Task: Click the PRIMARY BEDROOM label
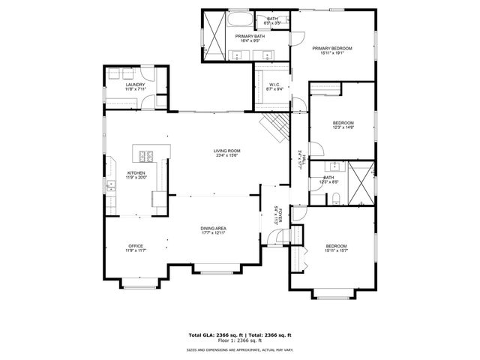tap(331, 48)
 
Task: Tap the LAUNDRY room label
tap(135, 85)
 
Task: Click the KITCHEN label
tap(136, 172)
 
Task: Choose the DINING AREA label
tap(213, 228)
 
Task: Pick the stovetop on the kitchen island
tap(145, 157)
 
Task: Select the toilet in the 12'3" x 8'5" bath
tap(336, 197)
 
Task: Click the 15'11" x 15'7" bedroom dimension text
tap(334, 250)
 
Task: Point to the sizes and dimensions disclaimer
tap(239, 349)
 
